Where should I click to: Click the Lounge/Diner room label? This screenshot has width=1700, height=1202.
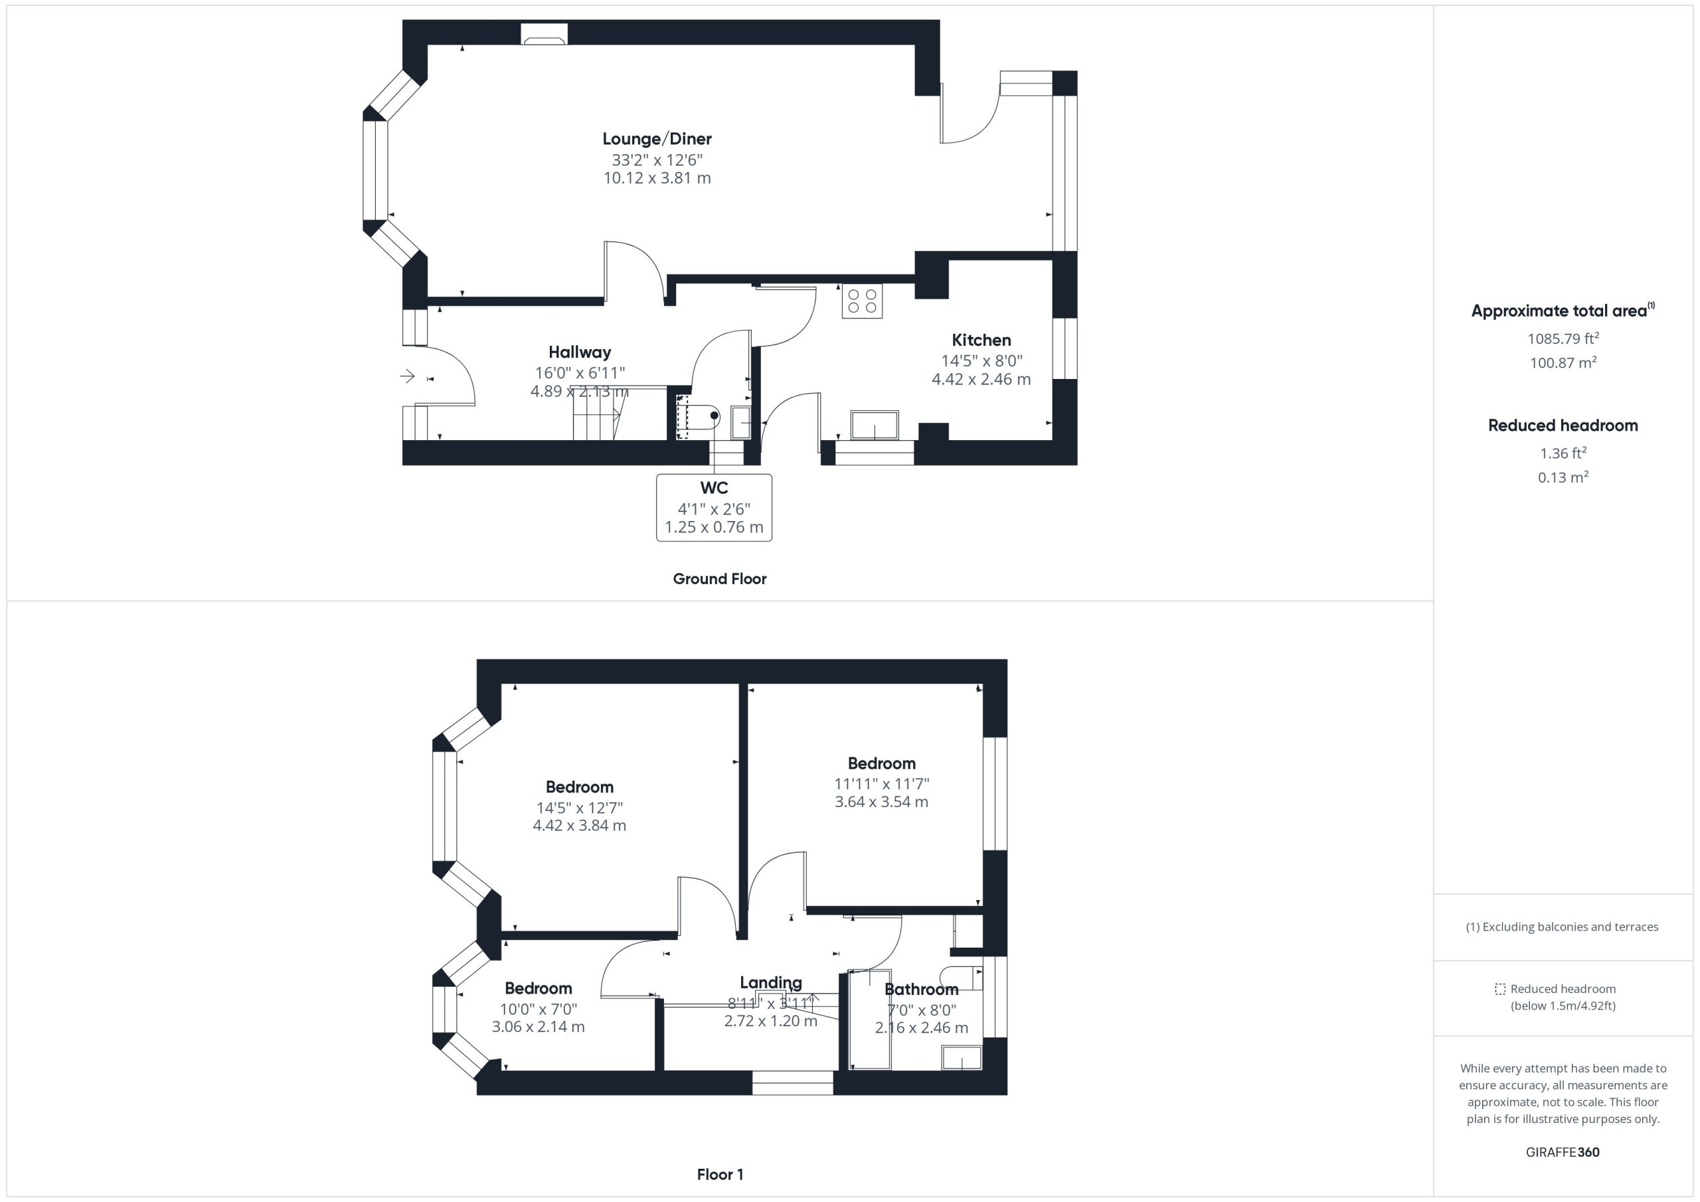(x=657, y=139)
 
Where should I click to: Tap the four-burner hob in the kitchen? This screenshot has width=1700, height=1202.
(x=862, y=301)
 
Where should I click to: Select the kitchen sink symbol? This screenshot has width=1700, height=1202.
(x=875, y=425)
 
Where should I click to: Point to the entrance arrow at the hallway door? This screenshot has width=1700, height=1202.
(x=407, y=377)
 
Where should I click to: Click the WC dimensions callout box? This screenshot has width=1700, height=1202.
(x=714, y=508)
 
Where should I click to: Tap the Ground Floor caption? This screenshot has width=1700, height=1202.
(x=719, y=579)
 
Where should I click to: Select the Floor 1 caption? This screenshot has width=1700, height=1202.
(x=720, y=1174)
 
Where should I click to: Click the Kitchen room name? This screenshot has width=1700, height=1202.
(x=981, y=340)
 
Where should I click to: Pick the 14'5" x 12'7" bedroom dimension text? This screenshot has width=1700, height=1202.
(x=580, y=808)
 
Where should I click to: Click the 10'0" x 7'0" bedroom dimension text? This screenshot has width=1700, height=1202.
(x=539, y=1009)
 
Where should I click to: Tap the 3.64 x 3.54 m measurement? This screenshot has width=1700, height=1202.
(x=881, y=802)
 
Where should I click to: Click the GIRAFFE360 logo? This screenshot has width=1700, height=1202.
(x=1563, y=1152)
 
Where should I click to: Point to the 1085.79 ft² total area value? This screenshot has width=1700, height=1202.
(x=1563, y=338)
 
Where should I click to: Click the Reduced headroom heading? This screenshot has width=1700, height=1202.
(x=1563, y=425)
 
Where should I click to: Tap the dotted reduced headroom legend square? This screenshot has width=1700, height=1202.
(x=1500, y=989)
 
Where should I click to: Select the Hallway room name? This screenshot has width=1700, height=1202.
(x=580, y=352)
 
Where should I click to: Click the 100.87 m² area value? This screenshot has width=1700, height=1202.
(x=1563, y=362)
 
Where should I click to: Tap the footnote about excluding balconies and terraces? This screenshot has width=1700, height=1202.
(x=1563, y=927)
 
